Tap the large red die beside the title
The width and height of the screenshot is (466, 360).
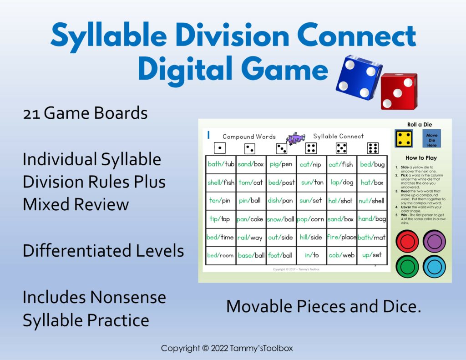(x=398, y=91)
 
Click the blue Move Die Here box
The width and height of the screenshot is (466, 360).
(x=431, y=140)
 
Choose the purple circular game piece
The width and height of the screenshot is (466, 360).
(x=434, y=241)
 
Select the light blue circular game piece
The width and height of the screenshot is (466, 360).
(x=434, y=266)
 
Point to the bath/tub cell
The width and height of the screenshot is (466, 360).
(x=221, y=164)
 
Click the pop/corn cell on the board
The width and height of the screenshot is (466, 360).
(x=311, y=219)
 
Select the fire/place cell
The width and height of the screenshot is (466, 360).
(x=341, y=237)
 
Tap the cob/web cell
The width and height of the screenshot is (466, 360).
(x=341, y=255)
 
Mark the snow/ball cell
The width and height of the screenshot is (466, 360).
(x=281, y=219)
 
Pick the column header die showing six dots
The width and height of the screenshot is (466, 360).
(x=373, y=148)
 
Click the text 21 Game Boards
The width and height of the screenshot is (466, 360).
(x=85, y=113)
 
